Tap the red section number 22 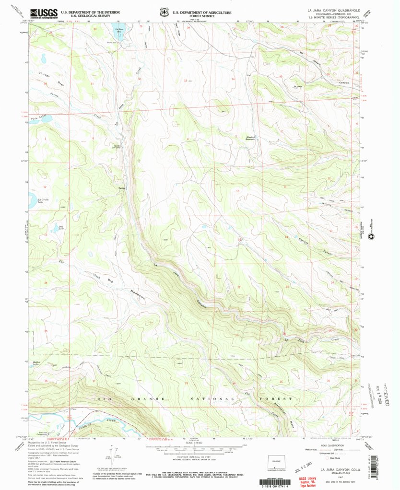[238, 287]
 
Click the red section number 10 [237, 191]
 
